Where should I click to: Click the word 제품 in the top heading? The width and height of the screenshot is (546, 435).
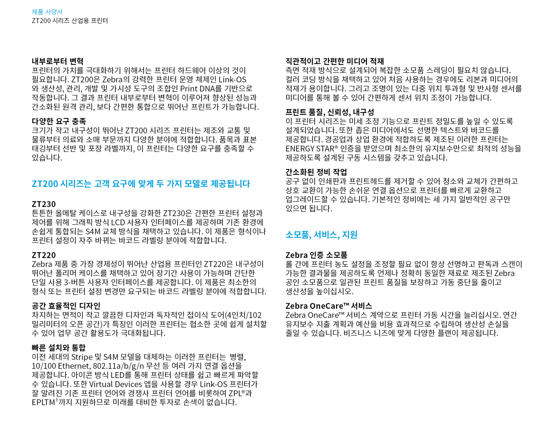(37, 12)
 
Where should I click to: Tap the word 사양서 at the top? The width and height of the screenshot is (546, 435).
(54, 12)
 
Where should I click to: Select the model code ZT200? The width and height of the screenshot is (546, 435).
(45, 184)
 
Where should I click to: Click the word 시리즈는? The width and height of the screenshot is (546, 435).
(76, 184)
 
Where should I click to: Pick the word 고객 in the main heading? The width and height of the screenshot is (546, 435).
(102, 184)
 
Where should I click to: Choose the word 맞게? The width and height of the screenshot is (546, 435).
(146, 184)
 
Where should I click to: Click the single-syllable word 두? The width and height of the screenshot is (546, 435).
(160, 184)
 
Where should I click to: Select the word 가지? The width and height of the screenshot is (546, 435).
(174, 184)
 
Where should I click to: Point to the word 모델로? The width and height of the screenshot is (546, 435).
(196, 184)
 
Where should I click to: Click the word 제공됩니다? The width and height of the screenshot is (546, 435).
(230, 184)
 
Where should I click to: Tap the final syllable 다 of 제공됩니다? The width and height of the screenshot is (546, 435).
(247, 184)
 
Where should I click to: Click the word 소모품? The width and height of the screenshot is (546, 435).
(297, 235)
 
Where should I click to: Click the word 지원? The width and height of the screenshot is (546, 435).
(349, 235)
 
